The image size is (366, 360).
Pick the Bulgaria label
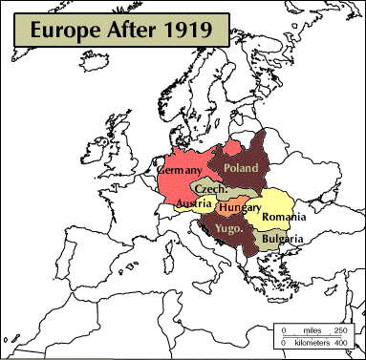pos(283,239)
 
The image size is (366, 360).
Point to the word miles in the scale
pos(311,330)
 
